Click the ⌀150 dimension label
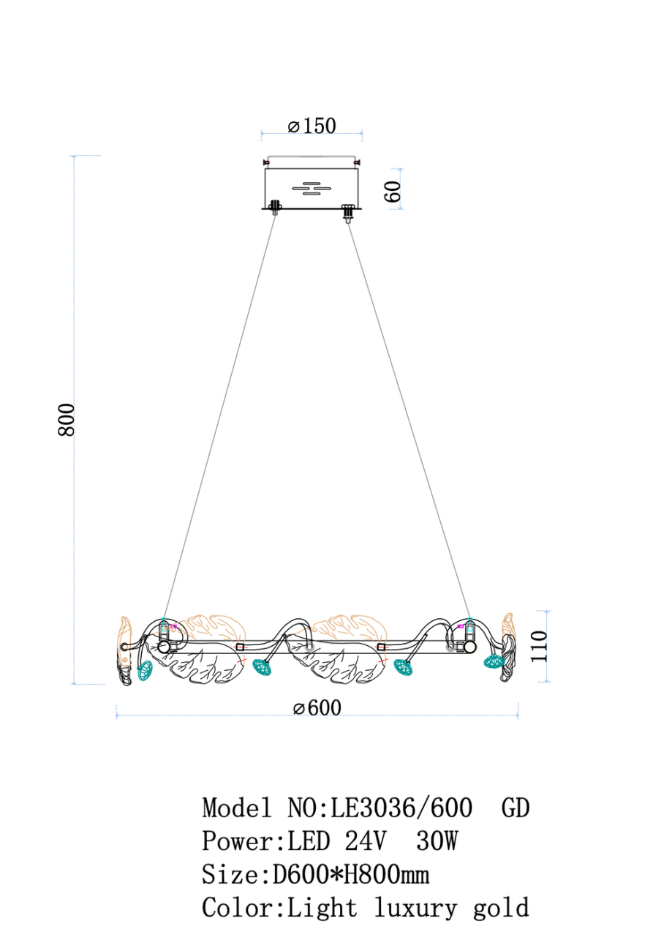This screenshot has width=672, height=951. coord(312,126)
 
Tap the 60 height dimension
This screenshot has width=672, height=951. coord(393,191)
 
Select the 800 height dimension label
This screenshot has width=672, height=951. coord(67,419)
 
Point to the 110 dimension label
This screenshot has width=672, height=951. coord(539,646)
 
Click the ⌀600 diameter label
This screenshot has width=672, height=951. coord(317,707)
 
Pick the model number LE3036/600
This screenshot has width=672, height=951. coord(401,808)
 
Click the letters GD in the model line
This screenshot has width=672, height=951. coord(516,808)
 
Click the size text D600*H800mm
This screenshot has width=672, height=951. coord(350,875)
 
